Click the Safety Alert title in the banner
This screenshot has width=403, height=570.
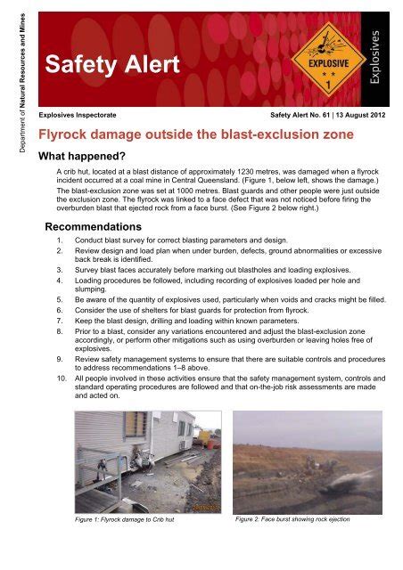pyautogui.click(x=113, y=63)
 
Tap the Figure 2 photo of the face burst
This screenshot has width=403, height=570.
pyautogui.click(x=307, y=460)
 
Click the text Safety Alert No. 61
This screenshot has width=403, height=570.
pyautogui.click(x=296, y=116)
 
